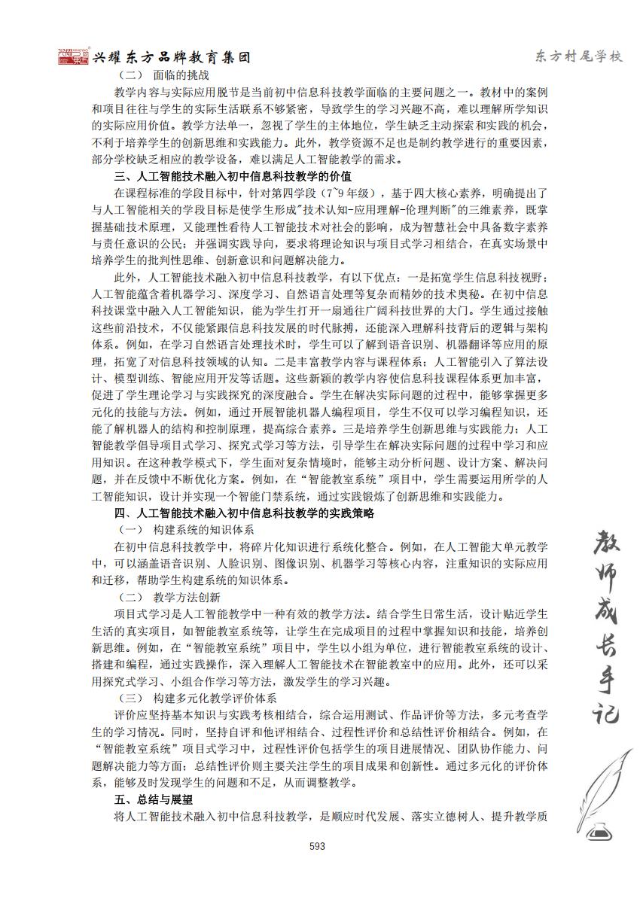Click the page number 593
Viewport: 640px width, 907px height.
point(317,846)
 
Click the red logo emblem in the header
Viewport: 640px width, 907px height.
point(73,56)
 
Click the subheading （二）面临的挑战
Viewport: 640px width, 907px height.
point(164,75)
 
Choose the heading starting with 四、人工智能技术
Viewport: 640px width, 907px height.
point(244,513)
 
